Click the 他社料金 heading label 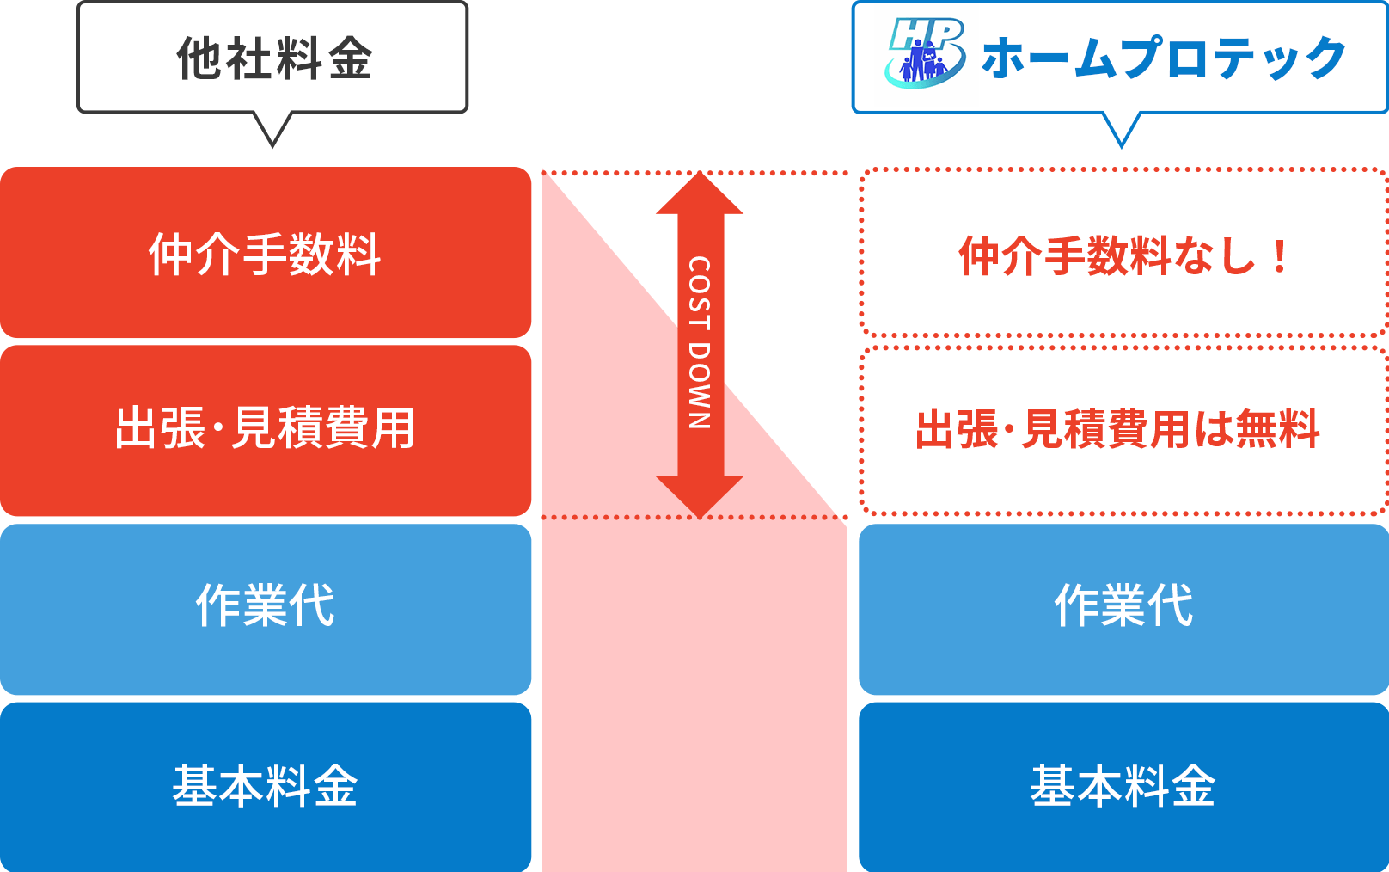273,58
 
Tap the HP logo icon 924,53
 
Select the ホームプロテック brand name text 1163,58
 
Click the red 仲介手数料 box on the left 266,253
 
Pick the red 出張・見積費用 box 266,429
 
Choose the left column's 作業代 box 266,607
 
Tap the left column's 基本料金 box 266,786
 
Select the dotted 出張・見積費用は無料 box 1123,429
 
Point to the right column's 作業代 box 1123,607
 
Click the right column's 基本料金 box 1123,786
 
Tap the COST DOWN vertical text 699,342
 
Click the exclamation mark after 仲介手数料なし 1280,256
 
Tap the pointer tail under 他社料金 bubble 272,129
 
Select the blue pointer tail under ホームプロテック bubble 1121,129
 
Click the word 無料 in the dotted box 1277,429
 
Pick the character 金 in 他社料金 349,58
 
